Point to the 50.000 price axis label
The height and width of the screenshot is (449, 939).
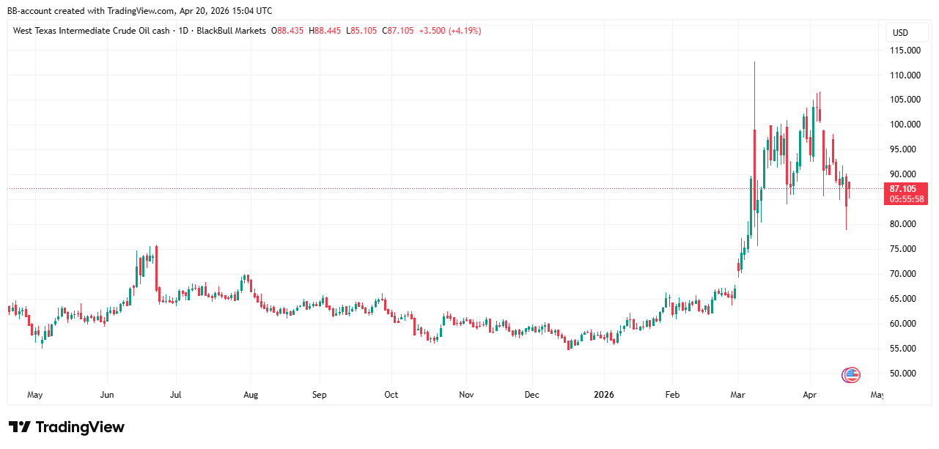906,374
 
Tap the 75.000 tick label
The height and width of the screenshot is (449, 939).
906,249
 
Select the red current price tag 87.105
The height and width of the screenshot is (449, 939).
906,188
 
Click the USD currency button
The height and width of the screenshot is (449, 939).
900,33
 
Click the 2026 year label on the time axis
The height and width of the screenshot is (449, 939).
604,396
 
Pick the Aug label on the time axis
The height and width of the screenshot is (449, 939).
251,396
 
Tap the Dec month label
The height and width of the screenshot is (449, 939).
532,396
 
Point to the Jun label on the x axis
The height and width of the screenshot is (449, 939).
107,396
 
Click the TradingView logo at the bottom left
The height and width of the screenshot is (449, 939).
67,427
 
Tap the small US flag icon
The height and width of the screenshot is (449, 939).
850,375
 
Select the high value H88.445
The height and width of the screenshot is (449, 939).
325,31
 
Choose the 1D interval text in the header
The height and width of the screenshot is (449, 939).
182,31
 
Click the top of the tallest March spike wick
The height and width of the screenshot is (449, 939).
754,62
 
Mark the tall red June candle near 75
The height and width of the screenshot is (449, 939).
157,267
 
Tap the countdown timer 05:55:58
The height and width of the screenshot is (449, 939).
906,199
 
